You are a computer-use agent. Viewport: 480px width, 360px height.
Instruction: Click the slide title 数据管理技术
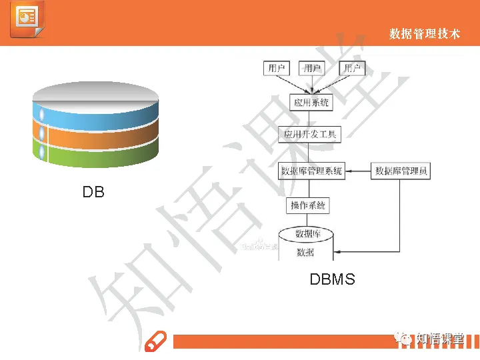(425, 33)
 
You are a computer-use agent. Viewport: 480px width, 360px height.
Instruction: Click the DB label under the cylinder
(93, 192)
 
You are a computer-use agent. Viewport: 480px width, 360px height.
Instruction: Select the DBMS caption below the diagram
(332, 279)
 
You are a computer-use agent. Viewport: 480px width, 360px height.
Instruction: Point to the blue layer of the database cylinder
(95, 115)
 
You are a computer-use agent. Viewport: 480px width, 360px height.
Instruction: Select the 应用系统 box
(311, 103)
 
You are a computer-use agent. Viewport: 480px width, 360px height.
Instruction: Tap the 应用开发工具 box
(311, 135)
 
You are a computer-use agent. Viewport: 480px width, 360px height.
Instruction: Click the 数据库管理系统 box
(311, 171)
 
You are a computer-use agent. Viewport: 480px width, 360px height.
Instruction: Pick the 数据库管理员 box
(401, 171)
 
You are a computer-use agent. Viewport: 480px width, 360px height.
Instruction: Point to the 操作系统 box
(307, 206)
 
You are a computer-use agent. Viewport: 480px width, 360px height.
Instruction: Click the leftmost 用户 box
(277, 68)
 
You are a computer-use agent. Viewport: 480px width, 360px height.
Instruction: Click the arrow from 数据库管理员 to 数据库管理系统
(358, 171)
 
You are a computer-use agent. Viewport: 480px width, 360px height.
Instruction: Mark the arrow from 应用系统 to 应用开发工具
(311, 119)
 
